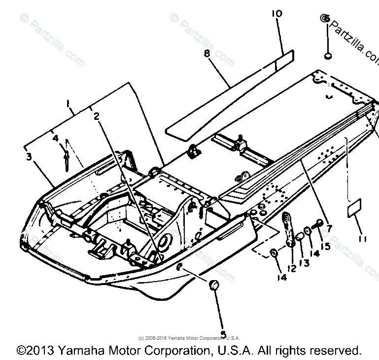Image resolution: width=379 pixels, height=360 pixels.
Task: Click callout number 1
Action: coord(69,104)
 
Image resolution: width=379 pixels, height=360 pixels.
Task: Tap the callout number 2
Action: coord(97,116)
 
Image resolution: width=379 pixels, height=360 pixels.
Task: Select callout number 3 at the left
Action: coord(29,157)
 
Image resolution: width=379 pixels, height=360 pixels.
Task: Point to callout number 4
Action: coord(56,139)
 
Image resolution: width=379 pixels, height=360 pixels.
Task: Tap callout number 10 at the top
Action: coord(276,14)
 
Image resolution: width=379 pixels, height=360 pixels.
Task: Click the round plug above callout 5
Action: coord(214,285)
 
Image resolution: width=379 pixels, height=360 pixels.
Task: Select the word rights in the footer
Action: coord(286,351)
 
